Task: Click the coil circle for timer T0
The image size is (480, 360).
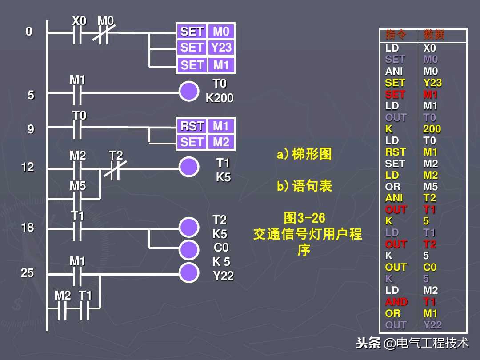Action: tap(189, 92)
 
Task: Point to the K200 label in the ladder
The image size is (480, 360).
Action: tap(220, 98)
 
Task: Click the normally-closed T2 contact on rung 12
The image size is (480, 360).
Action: tap(115, 169)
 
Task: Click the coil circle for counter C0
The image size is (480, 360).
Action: tap(189, 250)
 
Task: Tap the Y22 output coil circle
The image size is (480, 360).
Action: tap(189, 272)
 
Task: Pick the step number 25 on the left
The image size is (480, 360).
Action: tap(28, 273)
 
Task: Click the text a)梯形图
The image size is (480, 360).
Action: tap(304, 154)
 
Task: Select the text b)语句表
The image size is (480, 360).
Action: tap(304, 186)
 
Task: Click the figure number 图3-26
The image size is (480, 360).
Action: tap(305, 218)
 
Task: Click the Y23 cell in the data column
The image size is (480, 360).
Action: tap(432, 83)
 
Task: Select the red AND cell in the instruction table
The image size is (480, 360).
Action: tap(396, 302)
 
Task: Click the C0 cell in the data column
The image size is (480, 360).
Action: tap(430, 267)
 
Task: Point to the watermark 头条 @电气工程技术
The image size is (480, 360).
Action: tap(412, 343)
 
